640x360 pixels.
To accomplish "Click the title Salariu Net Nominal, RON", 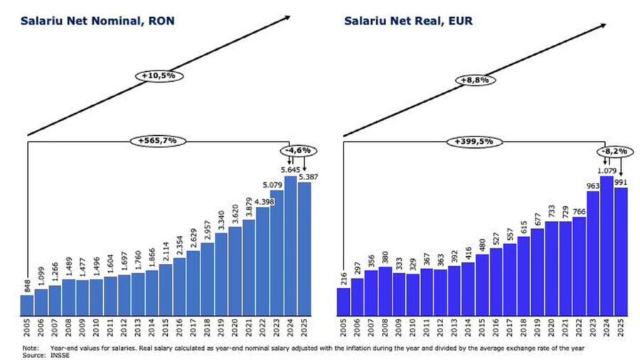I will pyautogui.click(x=97, y=21).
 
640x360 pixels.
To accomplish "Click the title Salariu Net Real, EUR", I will pyautogui.click(x=408, y=21).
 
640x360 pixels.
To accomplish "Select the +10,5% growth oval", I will pyautogui.click(x=159, y=75).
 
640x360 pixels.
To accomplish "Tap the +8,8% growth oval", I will pyautogui.click(x=475, y=80).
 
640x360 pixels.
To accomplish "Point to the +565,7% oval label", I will pyautogui.click(x=158, y=141).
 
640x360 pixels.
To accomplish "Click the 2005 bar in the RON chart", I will pyautogui.click(x=26, y=305).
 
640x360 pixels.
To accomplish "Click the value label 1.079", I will pyautogui.click(x=607, y=171).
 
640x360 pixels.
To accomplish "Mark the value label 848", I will pyautogui.click(x=26, y=286).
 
